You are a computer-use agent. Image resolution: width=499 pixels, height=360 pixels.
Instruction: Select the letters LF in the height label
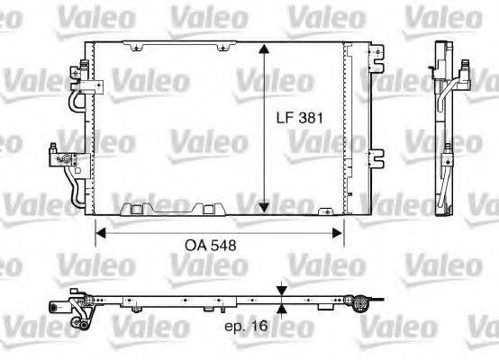pyautogui.click(x=286, y=117)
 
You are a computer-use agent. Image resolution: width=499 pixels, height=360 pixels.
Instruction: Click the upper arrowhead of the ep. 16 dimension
pyautogui.click(x=284, y=290)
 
